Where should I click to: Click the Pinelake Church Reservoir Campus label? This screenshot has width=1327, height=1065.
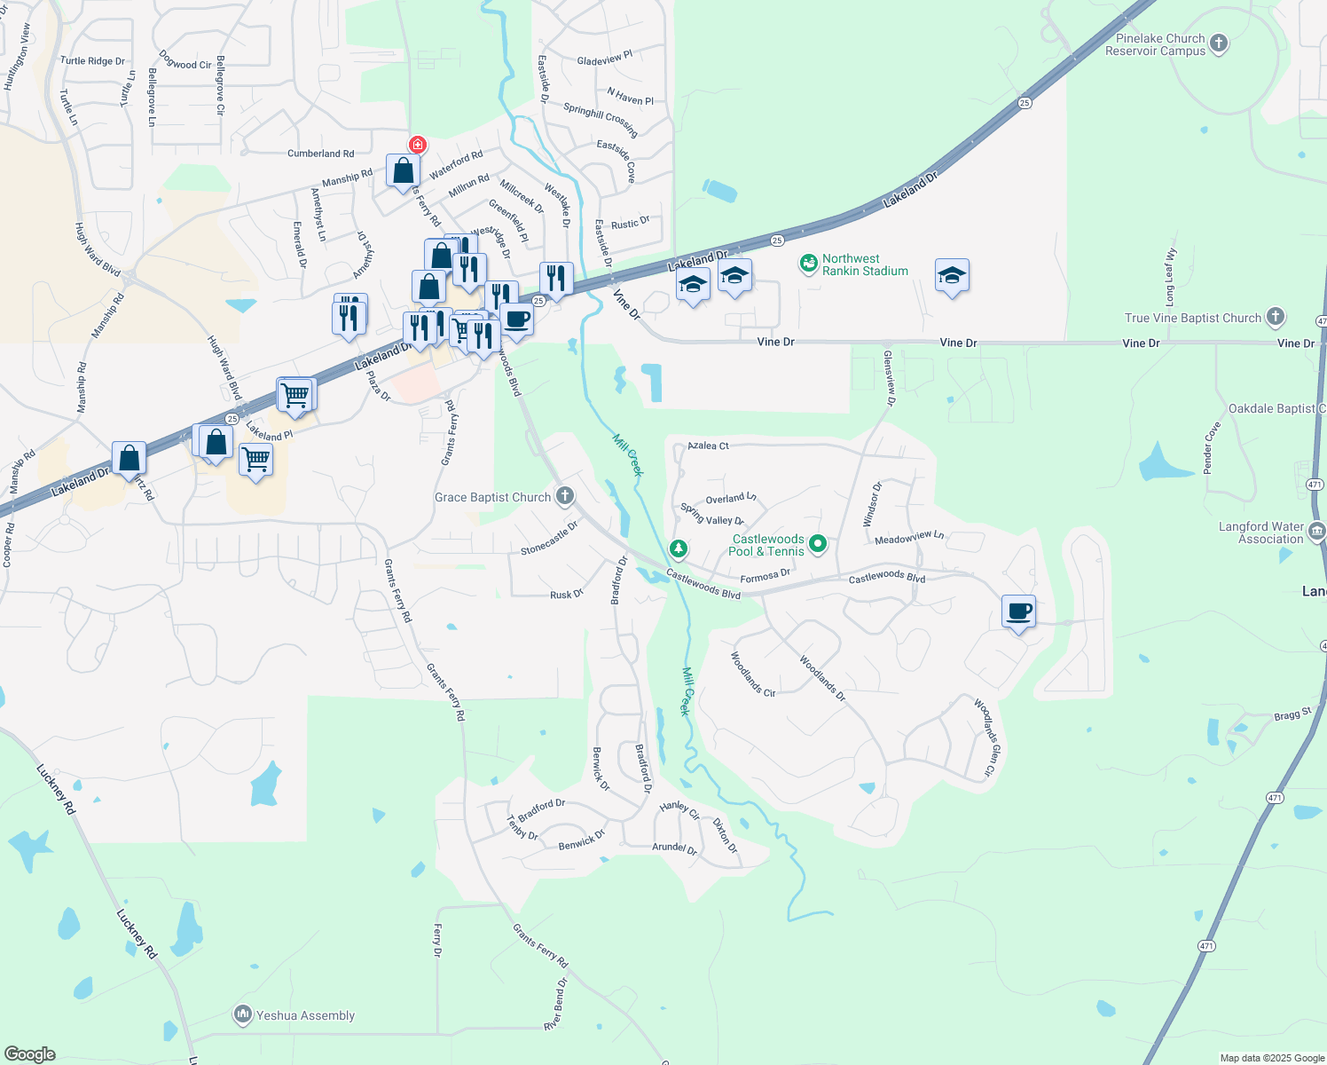coord(1159,44)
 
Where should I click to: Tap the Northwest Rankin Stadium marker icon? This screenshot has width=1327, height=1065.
coord(808,264)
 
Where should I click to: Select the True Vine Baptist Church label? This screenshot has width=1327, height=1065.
coord(1192,318)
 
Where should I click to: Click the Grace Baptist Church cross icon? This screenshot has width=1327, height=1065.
coord(565,496)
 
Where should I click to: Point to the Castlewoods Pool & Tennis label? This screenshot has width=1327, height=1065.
coord(767,545)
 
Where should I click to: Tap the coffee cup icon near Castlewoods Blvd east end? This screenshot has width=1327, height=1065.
coord(1019,611)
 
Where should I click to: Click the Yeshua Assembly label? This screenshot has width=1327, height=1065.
coord(304,1015)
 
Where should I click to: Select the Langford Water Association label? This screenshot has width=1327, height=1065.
coord(1260,532)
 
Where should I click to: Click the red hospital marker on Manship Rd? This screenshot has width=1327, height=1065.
coord(417,144)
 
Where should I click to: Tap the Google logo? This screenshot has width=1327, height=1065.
coord(30,1053)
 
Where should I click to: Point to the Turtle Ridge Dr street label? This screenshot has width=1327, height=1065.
coord(92,61)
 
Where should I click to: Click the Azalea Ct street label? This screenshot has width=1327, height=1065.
coord(708,446)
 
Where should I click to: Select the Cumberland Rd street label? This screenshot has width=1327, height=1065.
coord(320,154)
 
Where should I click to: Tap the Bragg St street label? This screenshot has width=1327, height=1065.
coord(1292,714)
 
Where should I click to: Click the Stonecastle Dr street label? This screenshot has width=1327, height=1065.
coord(549,538)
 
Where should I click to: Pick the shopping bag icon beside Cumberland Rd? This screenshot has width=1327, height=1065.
coord(403,170)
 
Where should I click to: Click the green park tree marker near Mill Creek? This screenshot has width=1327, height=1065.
coord(679,549)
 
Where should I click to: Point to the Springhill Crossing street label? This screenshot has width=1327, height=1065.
coord(601,119)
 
